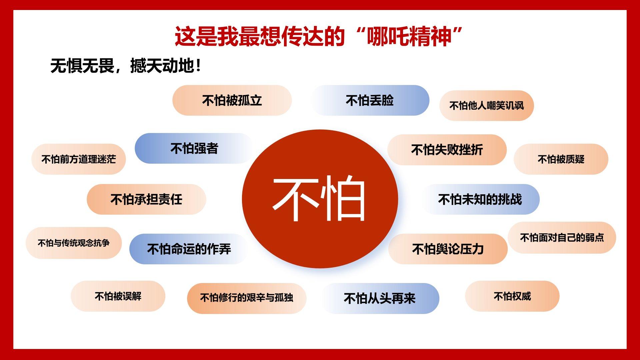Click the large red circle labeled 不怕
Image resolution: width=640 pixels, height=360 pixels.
(320, 199)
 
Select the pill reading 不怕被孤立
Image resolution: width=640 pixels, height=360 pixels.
(232, 100)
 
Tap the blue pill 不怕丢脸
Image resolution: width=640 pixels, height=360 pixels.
(370, 100)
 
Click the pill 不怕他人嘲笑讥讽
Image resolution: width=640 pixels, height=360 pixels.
(487, 106)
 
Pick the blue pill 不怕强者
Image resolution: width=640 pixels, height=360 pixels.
(194, 148)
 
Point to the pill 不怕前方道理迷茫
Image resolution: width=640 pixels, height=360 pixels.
(79, 159)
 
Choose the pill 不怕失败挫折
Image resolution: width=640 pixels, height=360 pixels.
(447, 150)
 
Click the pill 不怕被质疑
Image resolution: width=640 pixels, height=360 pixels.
(561, 159)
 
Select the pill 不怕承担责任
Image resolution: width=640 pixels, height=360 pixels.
(146, 199)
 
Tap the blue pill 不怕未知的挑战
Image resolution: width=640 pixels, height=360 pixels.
(480, 199)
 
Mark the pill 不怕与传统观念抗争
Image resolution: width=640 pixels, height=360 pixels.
(74, 243)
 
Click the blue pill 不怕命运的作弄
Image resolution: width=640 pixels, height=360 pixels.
(189, 249)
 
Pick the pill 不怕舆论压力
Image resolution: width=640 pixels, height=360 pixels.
(448, 249)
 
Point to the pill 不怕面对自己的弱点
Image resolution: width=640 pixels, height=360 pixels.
(562, 238)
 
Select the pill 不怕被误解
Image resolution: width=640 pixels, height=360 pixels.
(118, 296)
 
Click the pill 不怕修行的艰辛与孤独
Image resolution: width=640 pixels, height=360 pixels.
(247, 298)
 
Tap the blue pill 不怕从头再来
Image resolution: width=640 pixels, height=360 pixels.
(380, 298)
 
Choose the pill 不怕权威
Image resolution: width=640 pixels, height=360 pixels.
(512, 296)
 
